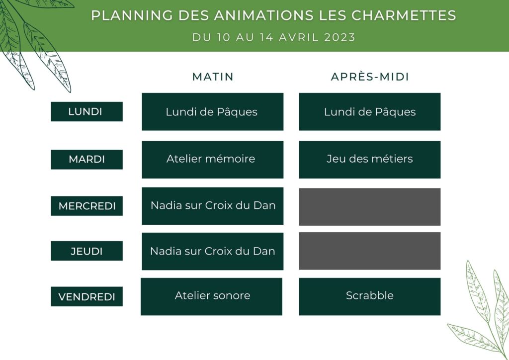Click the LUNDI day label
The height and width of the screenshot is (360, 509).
pos(86,112)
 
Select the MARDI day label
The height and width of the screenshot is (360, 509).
pos(86,160)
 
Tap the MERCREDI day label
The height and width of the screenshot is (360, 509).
pos(86,206)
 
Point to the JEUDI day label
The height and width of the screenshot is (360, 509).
pos(86,251)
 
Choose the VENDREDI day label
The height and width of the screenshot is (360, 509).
pos(86,296)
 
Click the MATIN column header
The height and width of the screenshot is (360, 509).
pos(213,77)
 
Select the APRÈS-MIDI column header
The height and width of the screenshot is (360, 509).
pos(370,77)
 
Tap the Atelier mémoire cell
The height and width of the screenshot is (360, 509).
pos(213,160)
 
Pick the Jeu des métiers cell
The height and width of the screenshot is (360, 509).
pos(370,160)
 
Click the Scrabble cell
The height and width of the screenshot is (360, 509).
pos(370,296)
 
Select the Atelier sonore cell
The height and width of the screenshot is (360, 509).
pos(211,296)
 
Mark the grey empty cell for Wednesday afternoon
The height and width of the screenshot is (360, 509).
pos(370,207)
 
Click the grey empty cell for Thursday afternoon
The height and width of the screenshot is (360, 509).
pos(370,251)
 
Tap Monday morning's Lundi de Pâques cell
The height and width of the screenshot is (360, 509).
pos(213,112)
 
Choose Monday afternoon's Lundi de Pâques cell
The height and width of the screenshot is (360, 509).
pos(370,112)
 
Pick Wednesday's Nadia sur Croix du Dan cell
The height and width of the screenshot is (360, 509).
pos(213,206)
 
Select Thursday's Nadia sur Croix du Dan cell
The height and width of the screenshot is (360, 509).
pos(213,251)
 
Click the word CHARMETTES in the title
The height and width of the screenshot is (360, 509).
pos(404,15)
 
